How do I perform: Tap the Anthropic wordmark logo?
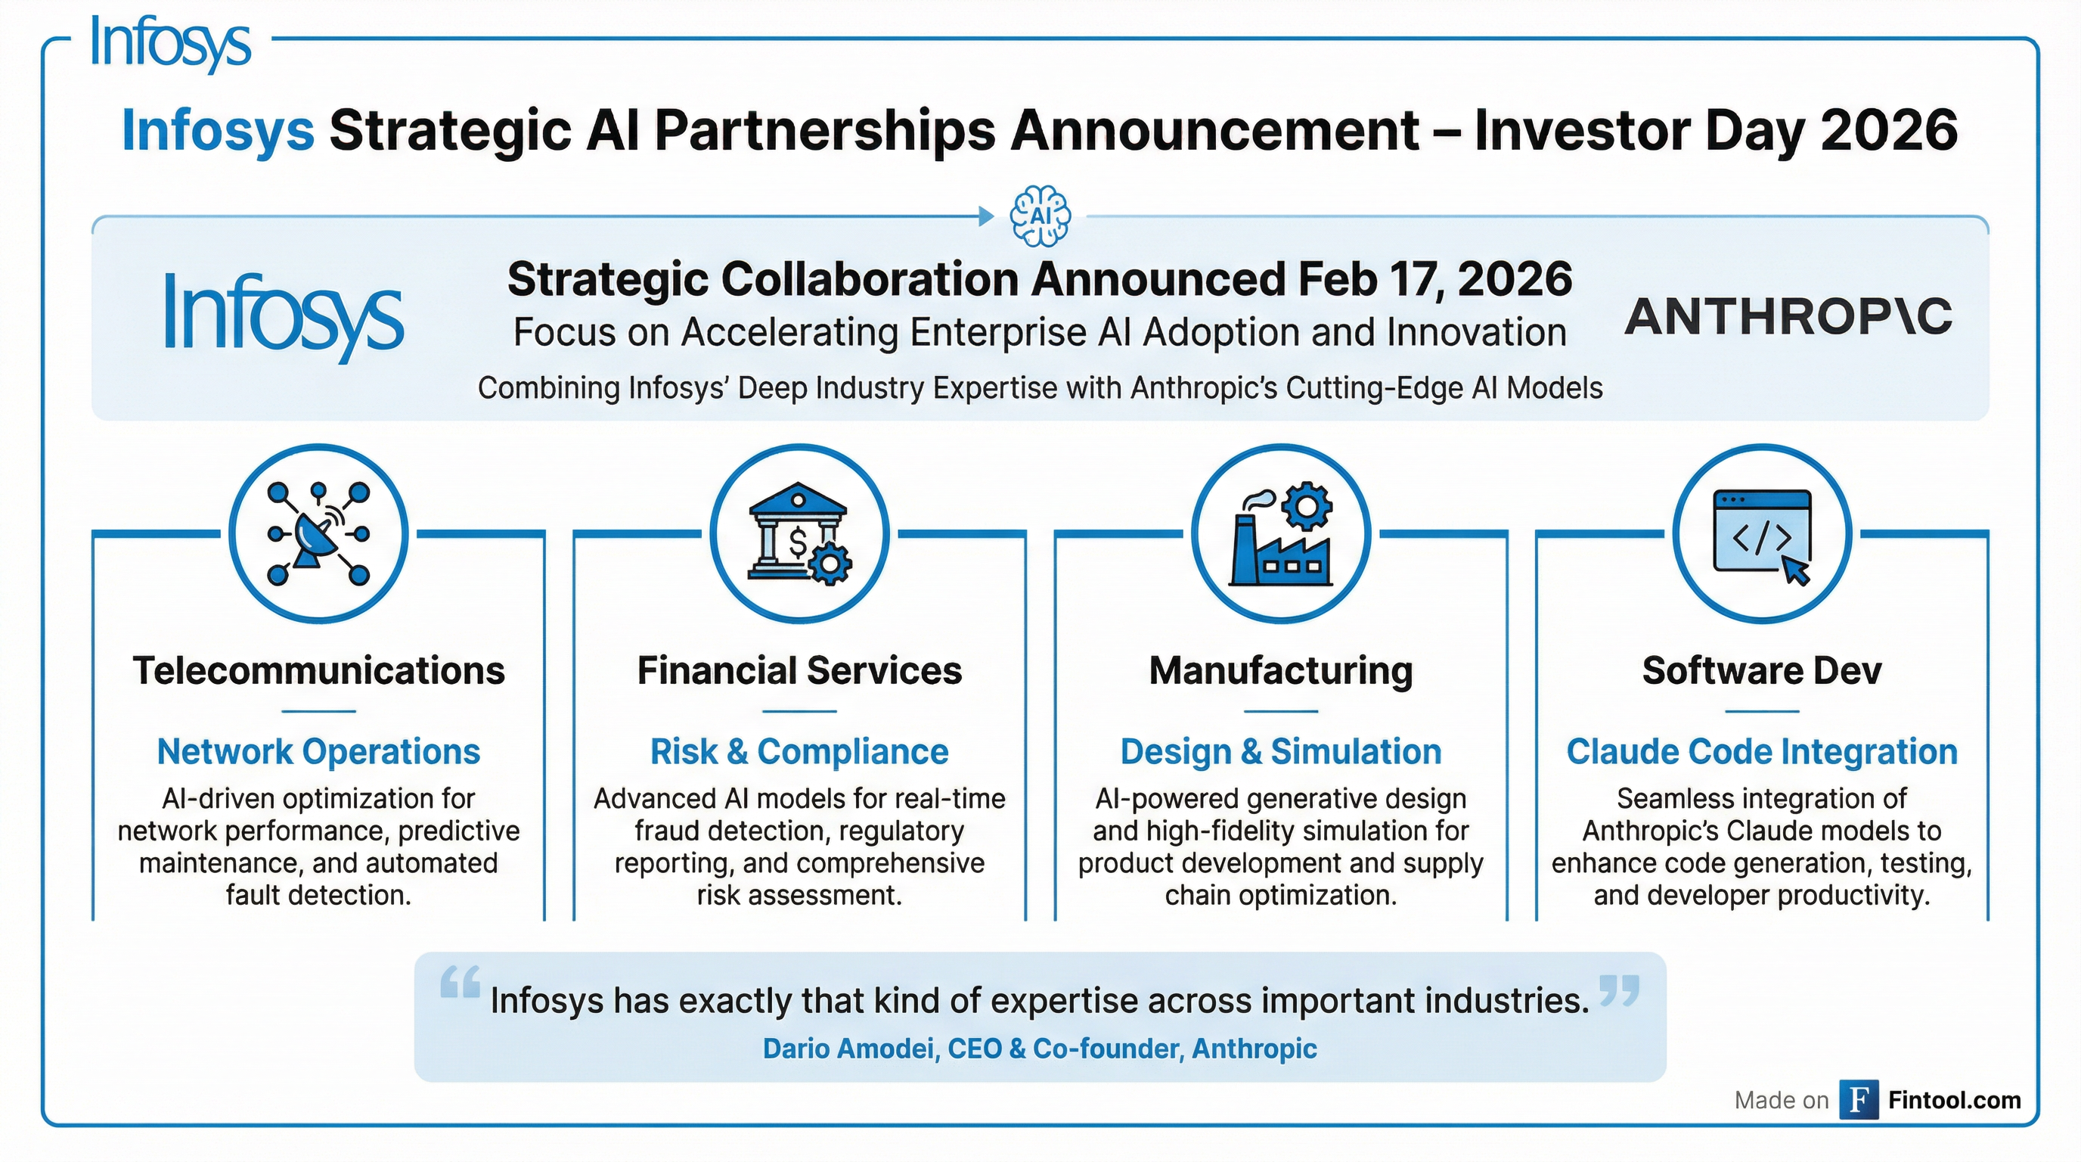pyautogui.click(x=1788, y=316)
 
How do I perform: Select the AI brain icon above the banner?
pyautogui.click(x=1040, y=216)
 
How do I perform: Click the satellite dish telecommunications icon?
pyautogui.click(x=318, y=533)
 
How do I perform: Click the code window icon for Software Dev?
pyautogui.click(x=1762, y=533)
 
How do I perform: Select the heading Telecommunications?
pyautogui.click(x=318, y=671)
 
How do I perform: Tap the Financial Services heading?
pyautogui.click(x=799, y=671)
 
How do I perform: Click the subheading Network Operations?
pyautogui.click(x=318, y=751)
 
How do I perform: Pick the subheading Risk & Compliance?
pyautogui.click(x=799, y=751)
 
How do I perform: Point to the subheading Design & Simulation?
pyautogui.click(x=1280, y=751)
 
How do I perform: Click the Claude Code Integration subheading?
pyautogui.click(x=1762, y=751)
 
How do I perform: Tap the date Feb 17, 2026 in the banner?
pyautogui.click(x=1434, y=279)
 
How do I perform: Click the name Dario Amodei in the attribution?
pyautogui.click(x=848, y=1049)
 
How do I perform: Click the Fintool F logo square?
pyautogui.click(x=1858, y=1100)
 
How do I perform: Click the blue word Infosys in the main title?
pyautogui.click(x=217, y=130)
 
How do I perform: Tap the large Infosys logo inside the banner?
pyautogui.click(x=283, y=316)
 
